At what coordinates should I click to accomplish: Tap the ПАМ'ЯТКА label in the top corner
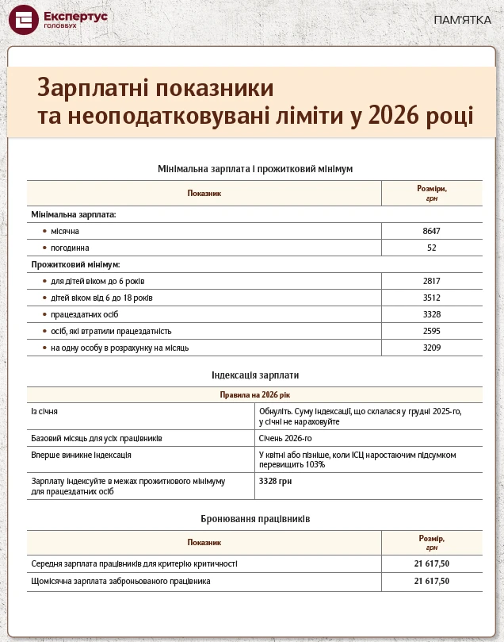coord(463,20)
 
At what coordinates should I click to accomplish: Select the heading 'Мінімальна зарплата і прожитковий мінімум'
coord(254,169)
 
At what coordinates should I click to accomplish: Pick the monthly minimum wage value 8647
coord(432,231)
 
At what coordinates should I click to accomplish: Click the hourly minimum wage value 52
coord(432,248)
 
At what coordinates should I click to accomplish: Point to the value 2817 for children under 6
coord(432,281)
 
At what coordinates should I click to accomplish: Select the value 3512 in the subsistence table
coord(432,298)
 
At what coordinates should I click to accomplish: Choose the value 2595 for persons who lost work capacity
coord(432,331)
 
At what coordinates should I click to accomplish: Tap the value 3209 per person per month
coord(432,348)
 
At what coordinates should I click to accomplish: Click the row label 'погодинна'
coord(69,248)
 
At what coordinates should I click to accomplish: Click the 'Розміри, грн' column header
coord(432,194)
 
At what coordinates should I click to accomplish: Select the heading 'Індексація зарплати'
coord(254,375)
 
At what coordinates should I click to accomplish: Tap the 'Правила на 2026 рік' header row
coord(254,394)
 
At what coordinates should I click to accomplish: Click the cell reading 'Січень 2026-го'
coord(285,438)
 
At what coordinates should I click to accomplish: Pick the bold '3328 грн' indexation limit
coord(276,481)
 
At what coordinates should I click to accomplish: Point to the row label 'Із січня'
coord(44,411)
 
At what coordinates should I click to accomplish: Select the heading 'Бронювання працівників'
coord(254,518)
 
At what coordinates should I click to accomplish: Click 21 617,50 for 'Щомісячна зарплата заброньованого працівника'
coord(432,581)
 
